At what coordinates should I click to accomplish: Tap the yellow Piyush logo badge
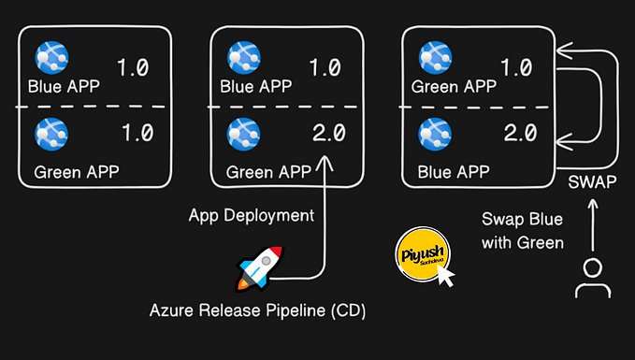419,253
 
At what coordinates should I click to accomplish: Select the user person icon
591,278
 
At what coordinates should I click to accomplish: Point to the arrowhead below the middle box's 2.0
325,164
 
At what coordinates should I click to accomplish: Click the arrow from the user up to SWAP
591,224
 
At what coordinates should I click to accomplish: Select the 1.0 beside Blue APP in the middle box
325,68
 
